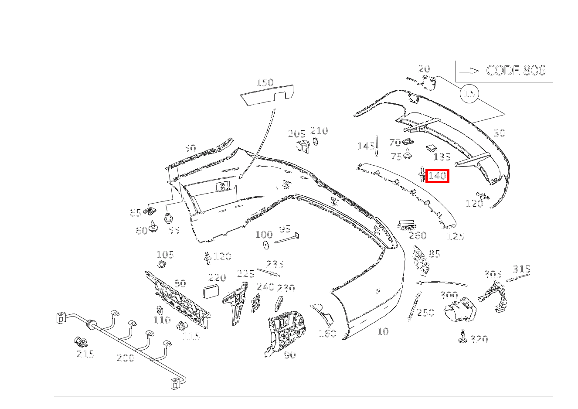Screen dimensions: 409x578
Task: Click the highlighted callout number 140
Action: click(x=437, y=176)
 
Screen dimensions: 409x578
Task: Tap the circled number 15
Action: click(x=469, y=93)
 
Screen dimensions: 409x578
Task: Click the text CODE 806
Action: click(x=515, y=71)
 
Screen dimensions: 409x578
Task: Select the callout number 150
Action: click(x=265, y=82)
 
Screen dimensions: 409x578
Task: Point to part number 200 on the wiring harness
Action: click(x=126, y=358)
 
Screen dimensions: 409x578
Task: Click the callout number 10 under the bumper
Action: click(x=382, y=331)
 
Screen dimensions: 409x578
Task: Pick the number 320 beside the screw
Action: click(x=479, y=339)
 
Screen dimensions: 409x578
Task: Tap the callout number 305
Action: click(x=493, y=274)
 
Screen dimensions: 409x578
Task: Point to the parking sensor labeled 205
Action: click(x=301, y=147)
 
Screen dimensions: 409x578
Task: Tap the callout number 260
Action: click(x=418, y=235)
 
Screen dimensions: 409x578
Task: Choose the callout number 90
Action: click(x=290, y=355)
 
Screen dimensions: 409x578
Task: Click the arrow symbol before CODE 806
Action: click(x=469, y=71)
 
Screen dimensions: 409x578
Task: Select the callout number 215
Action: click(x=85, y=354)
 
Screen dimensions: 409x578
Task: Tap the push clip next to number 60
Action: click(x=153, y=225)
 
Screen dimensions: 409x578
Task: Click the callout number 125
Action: click(x=456, y=236)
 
